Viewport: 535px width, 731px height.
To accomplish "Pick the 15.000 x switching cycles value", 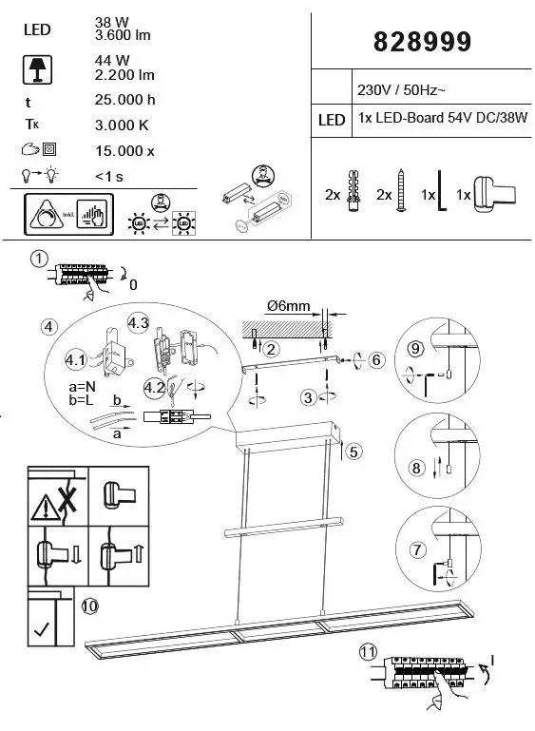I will (125, 150).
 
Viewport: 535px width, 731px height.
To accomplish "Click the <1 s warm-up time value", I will (110, 175).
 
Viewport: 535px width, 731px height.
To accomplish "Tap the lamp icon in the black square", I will (36, 68).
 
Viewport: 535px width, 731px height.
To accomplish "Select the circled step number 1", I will (39, 260).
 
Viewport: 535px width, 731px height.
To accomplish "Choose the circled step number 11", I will (369, 652).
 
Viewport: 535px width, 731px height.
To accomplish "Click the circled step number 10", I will (89, 605).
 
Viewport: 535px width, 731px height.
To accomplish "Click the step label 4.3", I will (139, 323).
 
